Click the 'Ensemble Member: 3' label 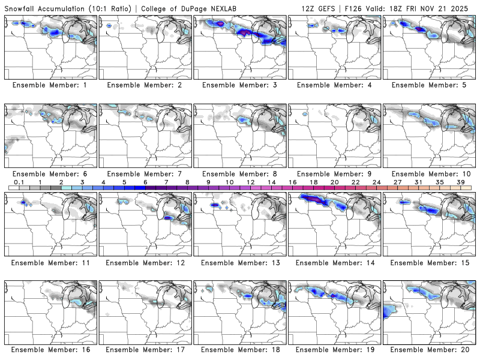(239, 85)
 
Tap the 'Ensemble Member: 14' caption (334, 263)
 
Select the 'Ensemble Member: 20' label (429, 349)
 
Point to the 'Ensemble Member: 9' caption (334, 173)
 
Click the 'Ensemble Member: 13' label (239, 263)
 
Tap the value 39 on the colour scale (461, 182)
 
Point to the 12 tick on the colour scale (250, 182)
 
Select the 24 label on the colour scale (377, 182)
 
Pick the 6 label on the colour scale (145, 182)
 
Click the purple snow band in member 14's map (312, 197)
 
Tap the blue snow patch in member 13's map (215, 205)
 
